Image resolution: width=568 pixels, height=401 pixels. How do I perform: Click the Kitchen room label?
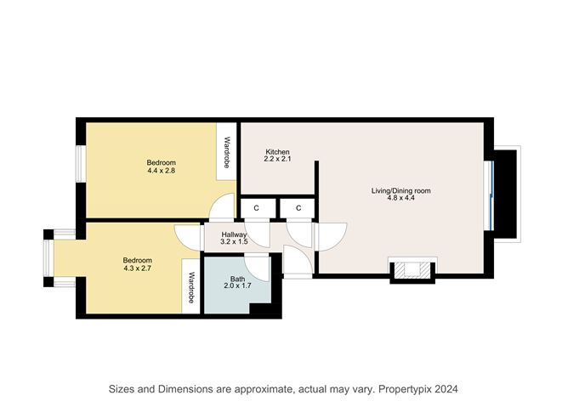pyautogui.click(x=277, y=151)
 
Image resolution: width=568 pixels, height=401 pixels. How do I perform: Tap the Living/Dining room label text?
pyautogui.click(x=400, y=191)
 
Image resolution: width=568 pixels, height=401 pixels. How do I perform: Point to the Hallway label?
pyautogui.click(x=234, y=234)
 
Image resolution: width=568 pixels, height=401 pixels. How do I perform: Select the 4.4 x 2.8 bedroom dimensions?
pyautogui.click(x=161, y=171)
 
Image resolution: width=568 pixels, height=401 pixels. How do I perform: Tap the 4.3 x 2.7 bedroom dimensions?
pyautogui.click(x=137, y=268)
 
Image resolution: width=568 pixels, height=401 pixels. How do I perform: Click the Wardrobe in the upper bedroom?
pyautogui.click(x=226, y=153)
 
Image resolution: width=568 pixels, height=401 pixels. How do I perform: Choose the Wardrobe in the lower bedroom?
pyautogui.click(x=192, y=289)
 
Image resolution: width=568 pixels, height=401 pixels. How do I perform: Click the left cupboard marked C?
pyautogui.click(x=256, y=207)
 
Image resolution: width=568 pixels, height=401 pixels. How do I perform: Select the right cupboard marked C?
pyautogui.click(x=299, y=207)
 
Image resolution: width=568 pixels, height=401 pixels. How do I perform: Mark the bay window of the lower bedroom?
pyautogui.click(x=49, y=260)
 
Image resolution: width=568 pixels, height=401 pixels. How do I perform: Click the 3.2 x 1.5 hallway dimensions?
pyautogui.click(x=234, y=243)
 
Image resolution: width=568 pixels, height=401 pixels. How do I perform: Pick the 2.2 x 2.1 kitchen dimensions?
pyautogui.click(x=277, y=160)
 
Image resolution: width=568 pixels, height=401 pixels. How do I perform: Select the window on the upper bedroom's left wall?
pyautogui.click(x=81, y=162)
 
